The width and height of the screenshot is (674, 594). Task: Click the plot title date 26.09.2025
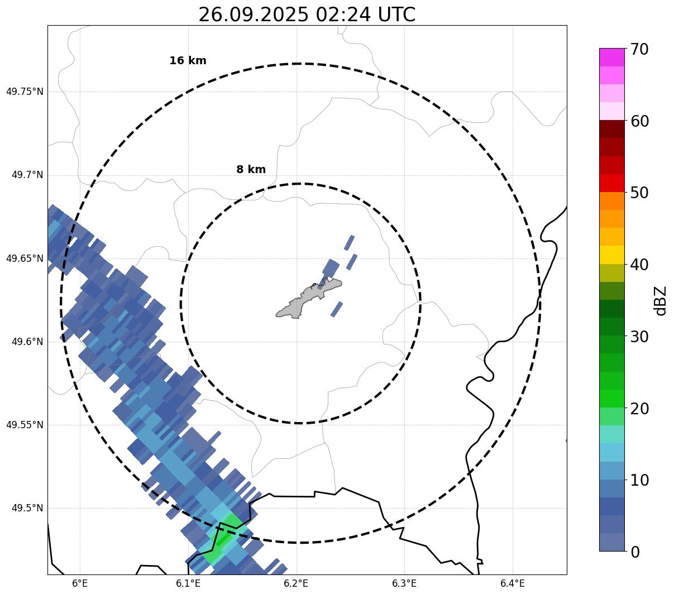point(253,15)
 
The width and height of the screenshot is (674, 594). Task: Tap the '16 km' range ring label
point(188,61)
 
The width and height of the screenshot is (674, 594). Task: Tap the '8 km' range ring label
point(251,170)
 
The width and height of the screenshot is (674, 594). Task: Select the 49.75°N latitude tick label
point(25,92)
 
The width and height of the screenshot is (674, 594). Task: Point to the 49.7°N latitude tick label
point(27,175)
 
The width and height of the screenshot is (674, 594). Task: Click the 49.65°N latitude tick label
point(25,258)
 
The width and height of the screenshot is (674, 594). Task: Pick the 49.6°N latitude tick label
point(27,342)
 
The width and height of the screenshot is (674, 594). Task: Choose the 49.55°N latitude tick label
point(25,425)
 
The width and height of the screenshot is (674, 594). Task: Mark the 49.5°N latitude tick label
point(27,508)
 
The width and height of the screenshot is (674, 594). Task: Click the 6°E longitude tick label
point(80,583)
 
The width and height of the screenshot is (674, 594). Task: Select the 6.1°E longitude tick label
point(188,583)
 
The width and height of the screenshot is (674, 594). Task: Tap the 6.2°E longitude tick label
point(297,583)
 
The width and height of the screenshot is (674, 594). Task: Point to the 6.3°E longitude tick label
point(404,583)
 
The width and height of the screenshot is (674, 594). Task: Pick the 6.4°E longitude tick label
point(513,583)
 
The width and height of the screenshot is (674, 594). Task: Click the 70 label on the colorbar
point(639,49)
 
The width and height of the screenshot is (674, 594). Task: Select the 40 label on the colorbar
point(639,265)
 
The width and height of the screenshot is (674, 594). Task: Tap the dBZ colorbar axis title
point(661,300)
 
